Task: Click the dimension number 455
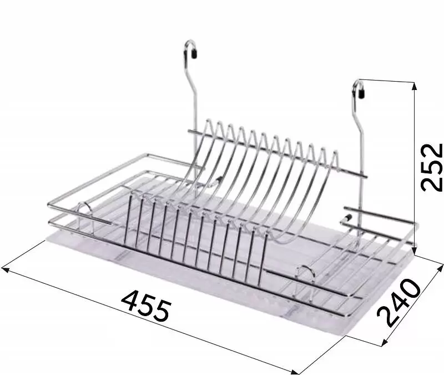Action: tap(147, 308)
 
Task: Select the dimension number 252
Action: tap(432, 168)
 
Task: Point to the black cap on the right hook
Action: tap(362, 93)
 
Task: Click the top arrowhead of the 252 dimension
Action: tap(415, 86)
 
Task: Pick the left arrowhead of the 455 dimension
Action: tap(6, 269)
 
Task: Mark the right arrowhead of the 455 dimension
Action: tap(295, 372)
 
